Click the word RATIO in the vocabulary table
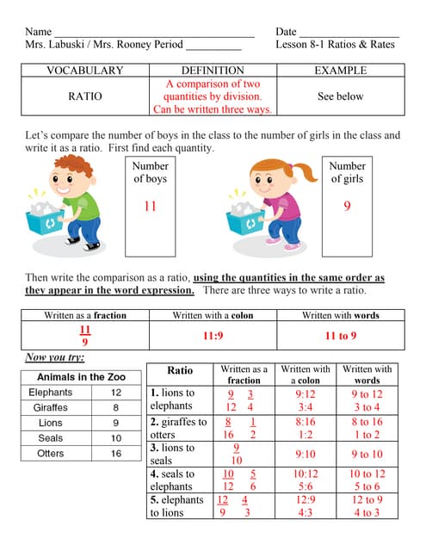(x=84, y=96)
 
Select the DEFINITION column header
(x=213, y=71)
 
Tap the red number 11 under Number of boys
(x=150, y=206)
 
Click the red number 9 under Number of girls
(x=347, y=206)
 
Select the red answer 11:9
(x=213, y=337)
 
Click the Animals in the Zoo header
(x=81, y=377)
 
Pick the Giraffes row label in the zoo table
(x=51, y=407)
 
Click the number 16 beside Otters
(x=116, y=454)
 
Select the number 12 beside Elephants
(x=116, y=393)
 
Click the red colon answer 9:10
(x=306, y=454)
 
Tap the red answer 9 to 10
(x=367, y=454)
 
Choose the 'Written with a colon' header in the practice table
(x=306, y=375)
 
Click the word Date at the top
(x=286, y=31)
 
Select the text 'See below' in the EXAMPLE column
(x=340, y=96)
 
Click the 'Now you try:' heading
(x=54, y=357)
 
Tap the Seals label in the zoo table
(x=51, y=438)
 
